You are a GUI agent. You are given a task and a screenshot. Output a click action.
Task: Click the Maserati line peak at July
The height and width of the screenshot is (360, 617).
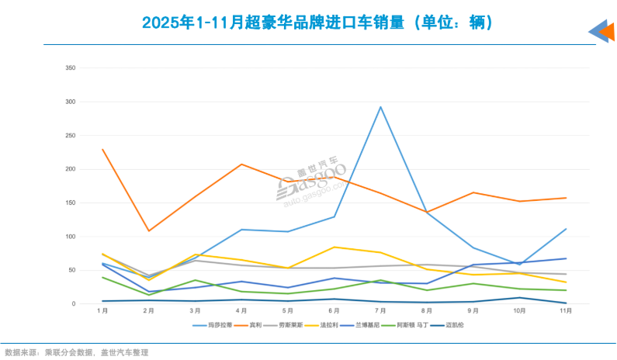tap(380, 107)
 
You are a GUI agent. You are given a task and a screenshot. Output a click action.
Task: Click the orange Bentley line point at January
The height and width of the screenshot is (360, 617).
tap(102, 149)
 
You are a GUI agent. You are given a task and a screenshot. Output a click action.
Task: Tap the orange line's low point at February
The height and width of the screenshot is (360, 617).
tap(148, 230)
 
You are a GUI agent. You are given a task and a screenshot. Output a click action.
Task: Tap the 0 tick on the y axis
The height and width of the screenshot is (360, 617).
tap(73, 304)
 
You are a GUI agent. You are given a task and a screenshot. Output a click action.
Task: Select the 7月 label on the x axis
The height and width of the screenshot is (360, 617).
tap(380, 311)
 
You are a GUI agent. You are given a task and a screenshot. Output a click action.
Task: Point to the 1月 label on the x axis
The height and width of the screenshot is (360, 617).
tap(102, 311)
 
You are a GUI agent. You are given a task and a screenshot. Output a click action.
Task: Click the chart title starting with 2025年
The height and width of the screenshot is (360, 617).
tap(307, 22)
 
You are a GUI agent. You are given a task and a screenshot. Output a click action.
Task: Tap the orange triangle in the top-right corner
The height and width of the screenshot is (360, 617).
tap(606, 33)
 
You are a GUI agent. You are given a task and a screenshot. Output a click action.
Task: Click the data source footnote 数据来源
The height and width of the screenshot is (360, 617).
tap(76, 352)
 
